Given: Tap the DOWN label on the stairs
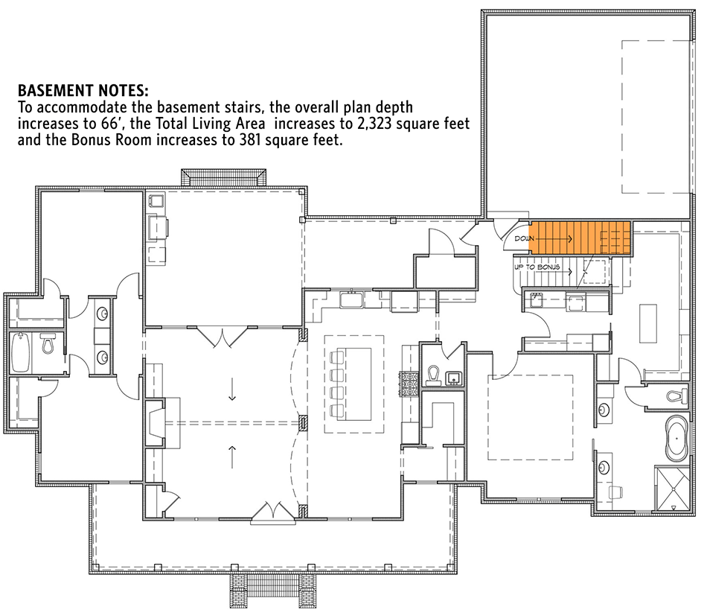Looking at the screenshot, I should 524,239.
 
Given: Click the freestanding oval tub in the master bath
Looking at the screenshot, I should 676,437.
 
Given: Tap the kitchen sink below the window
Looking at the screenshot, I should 351,300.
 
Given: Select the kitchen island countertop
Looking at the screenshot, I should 353,379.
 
